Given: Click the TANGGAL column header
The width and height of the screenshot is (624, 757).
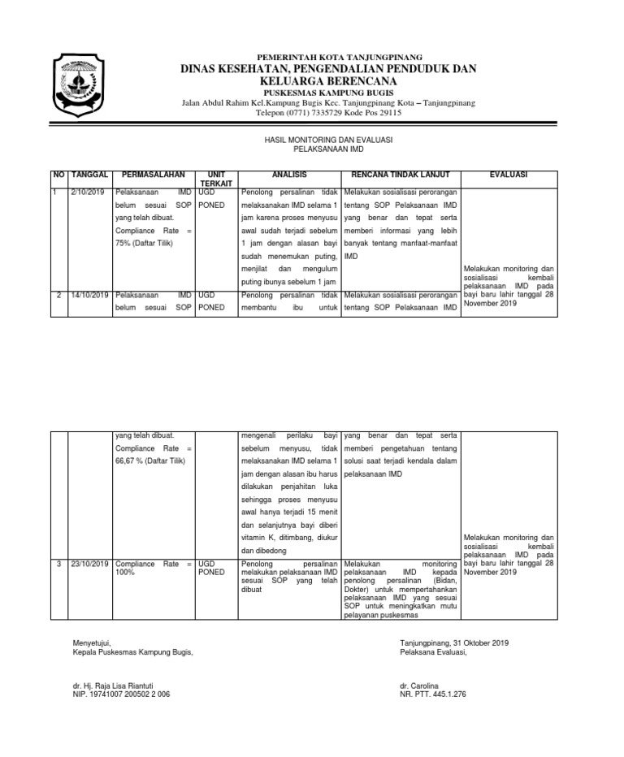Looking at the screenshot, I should (x=90, y=175).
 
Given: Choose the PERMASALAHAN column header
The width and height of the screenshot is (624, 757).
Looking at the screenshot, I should (x=154, y=175).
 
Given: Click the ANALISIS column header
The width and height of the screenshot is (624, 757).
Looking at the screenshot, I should (x=289, y=175).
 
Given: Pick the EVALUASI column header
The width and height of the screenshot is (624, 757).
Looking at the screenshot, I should (x=509, y=175).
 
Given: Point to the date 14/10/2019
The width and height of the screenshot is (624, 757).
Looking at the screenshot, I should (x=89, y=295).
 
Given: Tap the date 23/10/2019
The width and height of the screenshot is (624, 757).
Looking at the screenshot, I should (x=89, y=563).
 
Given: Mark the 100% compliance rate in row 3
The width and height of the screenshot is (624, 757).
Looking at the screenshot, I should (x=126, y=573).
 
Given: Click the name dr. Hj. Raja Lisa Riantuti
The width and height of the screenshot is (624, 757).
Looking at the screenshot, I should (x=113, y=686).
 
